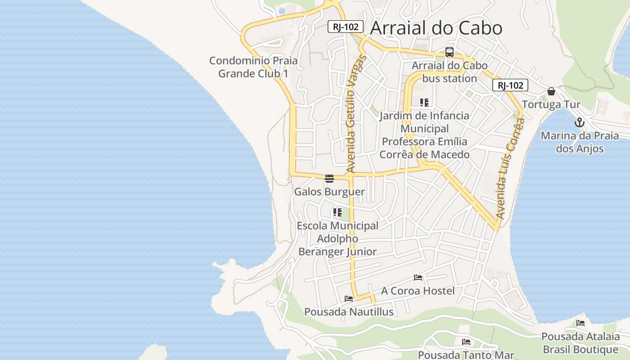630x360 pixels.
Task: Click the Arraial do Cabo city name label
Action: pyautogui.click(x=436, y=28)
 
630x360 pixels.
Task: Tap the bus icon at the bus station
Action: pyautogui.click(x=449, y=52)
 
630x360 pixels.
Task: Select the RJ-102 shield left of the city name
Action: pyautogui.click(x=345, y=27)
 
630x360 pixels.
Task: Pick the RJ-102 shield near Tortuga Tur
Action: pyautogui.click(x=510, y=85)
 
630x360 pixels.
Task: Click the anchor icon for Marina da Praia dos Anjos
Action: pyautogui.click(x=580, y=122)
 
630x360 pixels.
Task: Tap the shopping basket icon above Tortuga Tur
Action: pyautogui.click(x=551, y=92)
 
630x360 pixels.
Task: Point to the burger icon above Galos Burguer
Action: pyautogui.click(x=329, y=179)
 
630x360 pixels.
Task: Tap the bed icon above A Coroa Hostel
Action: pyautogui.click(x=418, y=278)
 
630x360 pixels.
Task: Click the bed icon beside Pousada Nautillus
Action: pyautogui.click(x=349, y=298)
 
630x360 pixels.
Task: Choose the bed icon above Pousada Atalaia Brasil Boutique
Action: pyautogui.click(x=580, y=323)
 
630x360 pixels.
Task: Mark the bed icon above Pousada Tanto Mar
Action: pyautogui.click(x=466, y=342)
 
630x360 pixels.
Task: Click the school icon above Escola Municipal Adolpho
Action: pyautogui.click(x=337, y=212)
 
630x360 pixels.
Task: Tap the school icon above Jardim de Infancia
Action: pyautogui.click(x=424, y=103)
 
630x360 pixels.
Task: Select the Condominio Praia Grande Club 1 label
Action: pyautogui.click(x=253, y=67)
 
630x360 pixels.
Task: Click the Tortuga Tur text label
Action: pyautogui.click(x=551, y=105)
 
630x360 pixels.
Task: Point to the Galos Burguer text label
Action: pyautogui.click(x=329, y=192)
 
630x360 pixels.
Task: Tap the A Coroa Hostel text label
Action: pyautogui.click(x=418, y=291)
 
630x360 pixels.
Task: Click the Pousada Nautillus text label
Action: pyautogui.click(x=349, y=311)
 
